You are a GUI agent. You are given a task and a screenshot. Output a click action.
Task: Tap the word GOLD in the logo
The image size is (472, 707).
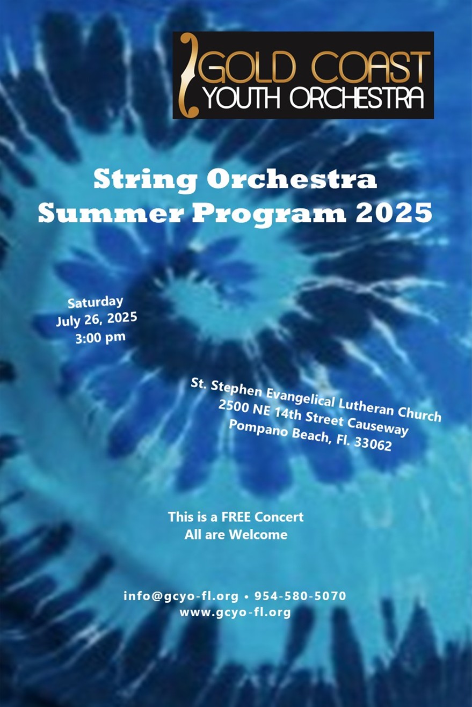[251, 68]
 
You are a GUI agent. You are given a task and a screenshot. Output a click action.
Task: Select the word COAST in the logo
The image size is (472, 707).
[371, 68]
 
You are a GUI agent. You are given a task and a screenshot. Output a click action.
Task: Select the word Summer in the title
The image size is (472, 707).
[111, 213]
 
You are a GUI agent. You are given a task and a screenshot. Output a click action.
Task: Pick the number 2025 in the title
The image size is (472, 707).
[394, 213]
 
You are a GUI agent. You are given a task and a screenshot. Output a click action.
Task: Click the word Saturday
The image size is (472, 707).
[95, 303]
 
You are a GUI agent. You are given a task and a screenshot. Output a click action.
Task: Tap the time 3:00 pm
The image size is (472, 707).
[100, 338]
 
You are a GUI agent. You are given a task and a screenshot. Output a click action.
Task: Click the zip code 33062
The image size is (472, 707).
[373, 443]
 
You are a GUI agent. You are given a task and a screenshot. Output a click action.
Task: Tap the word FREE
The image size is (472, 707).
[236, 517]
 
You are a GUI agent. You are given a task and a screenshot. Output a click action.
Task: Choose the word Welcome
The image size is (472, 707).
[258, 535]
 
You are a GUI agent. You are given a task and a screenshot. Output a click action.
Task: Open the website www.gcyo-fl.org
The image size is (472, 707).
[235, 613]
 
